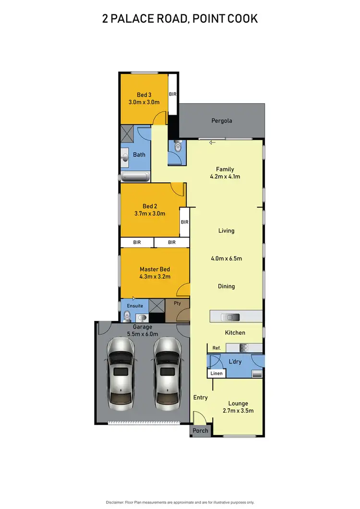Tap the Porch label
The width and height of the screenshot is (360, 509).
[x=200, y=430]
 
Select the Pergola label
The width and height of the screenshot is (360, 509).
[x=222, y=120]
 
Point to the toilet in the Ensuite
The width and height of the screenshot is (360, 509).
[x=127, y=316]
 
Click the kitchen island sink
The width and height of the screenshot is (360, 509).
[x=230, y=317]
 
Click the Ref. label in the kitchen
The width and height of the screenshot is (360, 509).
[x=216, y=347]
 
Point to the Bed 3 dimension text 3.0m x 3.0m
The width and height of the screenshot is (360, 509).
[x=144, y=102]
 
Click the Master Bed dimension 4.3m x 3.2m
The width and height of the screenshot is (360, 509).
[x=155, y=276]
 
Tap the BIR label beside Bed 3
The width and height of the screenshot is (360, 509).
[x=173, y=95]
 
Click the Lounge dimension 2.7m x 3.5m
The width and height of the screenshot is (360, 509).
[x=238, y=411]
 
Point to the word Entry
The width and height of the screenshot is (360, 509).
[x=200, y=398]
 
